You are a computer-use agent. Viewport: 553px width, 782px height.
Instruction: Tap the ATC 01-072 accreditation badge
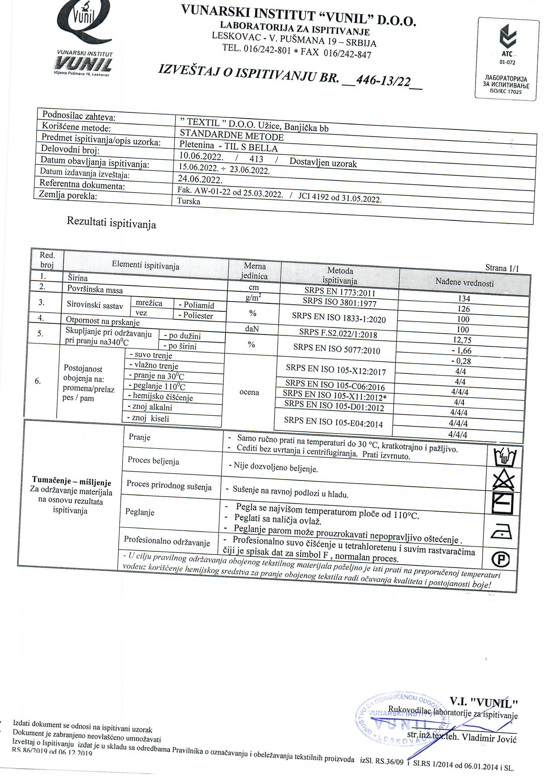click(508, 58)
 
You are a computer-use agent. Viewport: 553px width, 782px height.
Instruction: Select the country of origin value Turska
click(189, 201)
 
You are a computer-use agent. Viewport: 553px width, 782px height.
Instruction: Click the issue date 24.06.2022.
click(200, 180)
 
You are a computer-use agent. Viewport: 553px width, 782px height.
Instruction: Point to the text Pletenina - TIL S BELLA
click(228, 147)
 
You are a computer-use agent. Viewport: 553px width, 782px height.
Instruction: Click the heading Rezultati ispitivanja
click(111, 222)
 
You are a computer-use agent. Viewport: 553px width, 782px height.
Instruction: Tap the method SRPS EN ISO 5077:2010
click(337, 348)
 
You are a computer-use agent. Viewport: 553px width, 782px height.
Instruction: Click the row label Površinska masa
click(95, 290)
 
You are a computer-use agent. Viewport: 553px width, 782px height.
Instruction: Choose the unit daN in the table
click(252, 329)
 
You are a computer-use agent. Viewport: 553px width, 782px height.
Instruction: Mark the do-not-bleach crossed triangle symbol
click(503, 480)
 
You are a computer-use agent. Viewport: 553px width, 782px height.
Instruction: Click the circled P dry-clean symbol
click(500, 559)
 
